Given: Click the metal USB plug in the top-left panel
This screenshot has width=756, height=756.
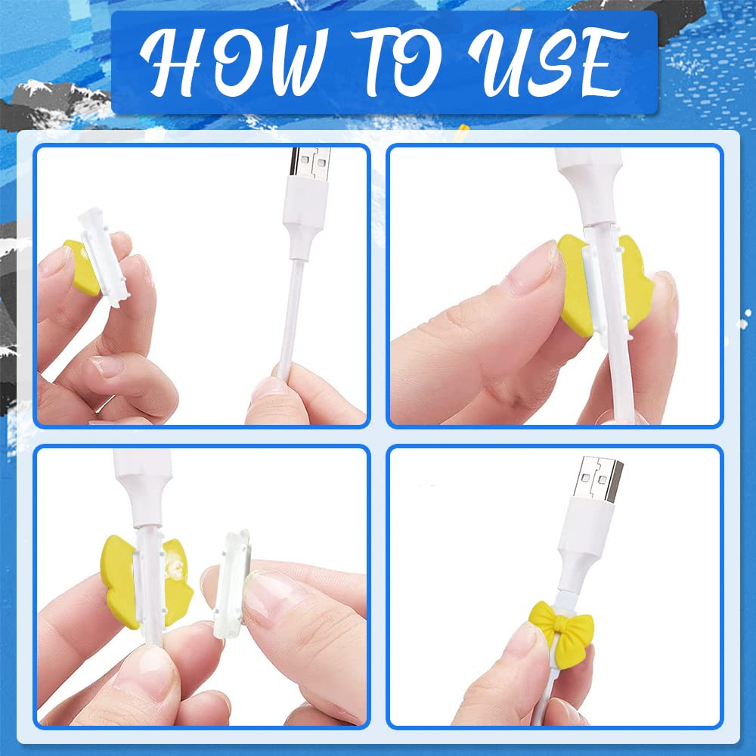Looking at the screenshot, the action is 311,163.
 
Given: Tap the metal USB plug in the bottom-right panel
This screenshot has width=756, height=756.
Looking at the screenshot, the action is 601,479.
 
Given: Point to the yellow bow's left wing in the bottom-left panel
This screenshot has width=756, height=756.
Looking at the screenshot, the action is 120,581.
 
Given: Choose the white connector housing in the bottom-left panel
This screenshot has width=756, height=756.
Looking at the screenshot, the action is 143,487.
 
